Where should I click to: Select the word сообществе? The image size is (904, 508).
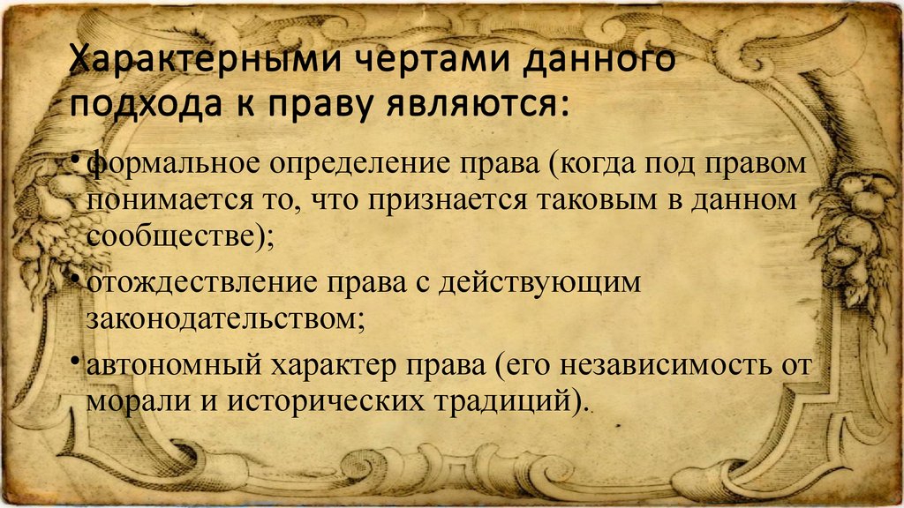pos(170,236)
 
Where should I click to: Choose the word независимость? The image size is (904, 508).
pos(667,365)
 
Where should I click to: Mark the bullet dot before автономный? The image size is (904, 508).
pos(74,360)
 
